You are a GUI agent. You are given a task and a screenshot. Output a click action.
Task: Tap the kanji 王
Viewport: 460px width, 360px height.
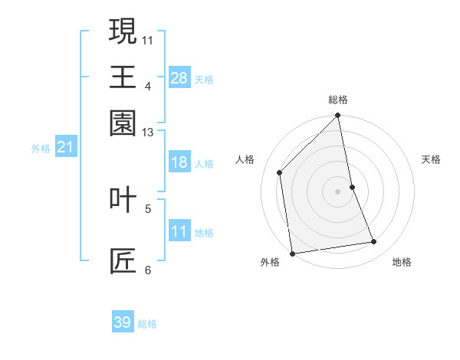pyautogui.click(x=123, y=77)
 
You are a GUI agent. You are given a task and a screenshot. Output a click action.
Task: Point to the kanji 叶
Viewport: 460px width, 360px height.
pyautogui.click(x=123, y=199)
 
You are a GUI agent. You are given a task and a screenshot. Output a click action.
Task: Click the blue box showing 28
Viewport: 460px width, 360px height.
pyautogui.click(x=179, y=77)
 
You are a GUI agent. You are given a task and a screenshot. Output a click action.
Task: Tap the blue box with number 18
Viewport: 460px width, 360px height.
pyautogui.click(x=179, y=162)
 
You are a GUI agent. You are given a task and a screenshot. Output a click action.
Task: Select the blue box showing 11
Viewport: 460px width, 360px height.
pyautogui.click(x=179, y=231)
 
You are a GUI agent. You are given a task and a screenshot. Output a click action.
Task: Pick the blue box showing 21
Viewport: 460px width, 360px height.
pyautogui.click(x=64, y=147)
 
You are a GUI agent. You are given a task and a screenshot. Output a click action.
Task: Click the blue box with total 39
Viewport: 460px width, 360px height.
pyautogui.click(x=123, y=322)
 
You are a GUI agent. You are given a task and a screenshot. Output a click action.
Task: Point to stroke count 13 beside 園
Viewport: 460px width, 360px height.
pyautogui.click(x=148, y=133)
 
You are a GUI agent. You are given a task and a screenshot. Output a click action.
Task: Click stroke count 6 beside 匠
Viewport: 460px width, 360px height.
pyautogui.click(x=148, y=270)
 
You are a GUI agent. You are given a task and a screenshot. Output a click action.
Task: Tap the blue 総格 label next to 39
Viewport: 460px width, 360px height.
pyautogui.click(x=147, y=324)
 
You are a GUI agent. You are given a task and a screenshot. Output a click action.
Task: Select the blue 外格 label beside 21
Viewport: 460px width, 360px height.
pyautogui.click(x=40, y=149)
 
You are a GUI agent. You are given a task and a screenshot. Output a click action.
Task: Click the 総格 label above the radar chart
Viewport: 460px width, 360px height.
pyautogui.click(x=338, y=100)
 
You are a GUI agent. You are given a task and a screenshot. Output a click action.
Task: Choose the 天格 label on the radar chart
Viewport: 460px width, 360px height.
pyautogui.click(x=431, y=159)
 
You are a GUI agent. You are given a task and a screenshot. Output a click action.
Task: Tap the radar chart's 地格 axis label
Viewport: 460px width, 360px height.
pyautogui.click(x=402, y=263)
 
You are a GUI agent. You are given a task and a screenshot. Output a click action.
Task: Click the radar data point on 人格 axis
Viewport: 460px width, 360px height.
pyautogui.click(x=280, y=172)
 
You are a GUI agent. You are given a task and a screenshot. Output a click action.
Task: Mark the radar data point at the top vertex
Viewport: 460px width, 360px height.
pyautogui.click(x=338, y=116)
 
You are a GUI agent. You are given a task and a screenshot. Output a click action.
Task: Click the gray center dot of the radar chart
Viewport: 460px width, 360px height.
pyautogui.click(x=338, y=191)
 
